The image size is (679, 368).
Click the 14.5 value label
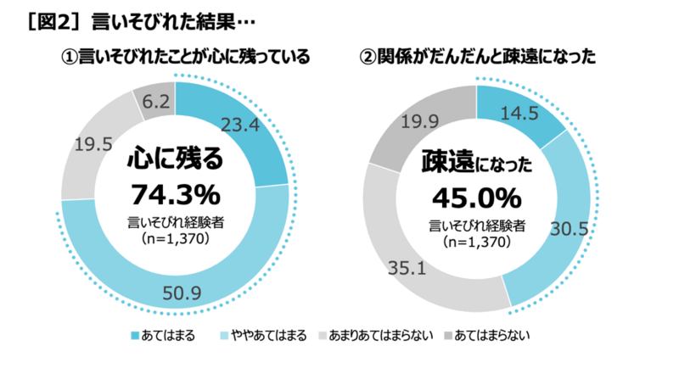tap(519, 111)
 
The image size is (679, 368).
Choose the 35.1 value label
tap(405, 272)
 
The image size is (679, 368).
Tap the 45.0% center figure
tap(476, 198)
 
